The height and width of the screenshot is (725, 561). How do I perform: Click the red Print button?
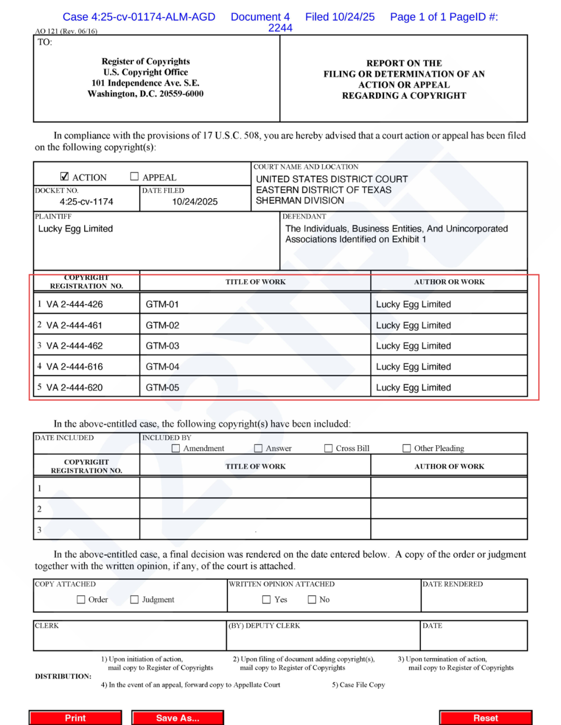[75, 718]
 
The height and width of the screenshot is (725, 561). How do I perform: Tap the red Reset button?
[485, 718]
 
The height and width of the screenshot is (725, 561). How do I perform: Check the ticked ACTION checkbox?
[64, 176]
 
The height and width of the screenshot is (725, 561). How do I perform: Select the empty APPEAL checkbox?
[135, 176]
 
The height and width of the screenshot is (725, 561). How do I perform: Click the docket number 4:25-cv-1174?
[86, 201]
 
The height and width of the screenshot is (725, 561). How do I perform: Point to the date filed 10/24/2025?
[195, 201]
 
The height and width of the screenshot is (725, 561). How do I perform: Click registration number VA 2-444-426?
[74, 304]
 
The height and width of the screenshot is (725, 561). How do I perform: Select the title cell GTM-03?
[163, 346]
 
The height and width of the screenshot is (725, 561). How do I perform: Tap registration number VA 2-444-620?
[74, 387]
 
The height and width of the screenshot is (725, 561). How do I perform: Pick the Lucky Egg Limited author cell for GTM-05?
[413, 387]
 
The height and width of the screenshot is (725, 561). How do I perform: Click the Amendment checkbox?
[176, 448]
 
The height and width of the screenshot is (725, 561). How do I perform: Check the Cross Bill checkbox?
[328, 448]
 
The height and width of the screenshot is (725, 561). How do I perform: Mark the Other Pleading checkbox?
[407, 448]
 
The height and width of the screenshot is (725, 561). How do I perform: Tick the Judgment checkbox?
[135, 599]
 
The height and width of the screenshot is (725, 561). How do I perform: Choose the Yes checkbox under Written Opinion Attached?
[266, 599]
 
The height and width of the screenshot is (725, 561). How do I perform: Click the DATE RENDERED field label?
[452, 584]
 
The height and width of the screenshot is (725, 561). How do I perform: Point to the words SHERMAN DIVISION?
[300, 200]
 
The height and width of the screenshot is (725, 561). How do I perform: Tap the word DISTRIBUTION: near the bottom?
[63, 676]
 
